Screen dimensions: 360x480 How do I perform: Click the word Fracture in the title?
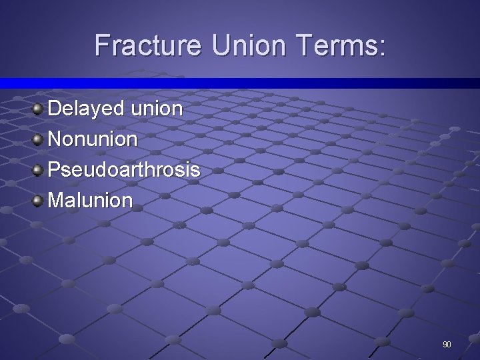click(147, 46)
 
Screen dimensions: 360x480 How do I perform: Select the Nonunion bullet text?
click(93, 139)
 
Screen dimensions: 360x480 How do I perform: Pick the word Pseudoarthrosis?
click(124, 170)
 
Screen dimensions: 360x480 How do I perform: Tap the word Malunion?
click(91, 200)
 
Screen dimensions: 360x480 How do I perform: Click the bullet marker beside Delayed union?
click(38, 108)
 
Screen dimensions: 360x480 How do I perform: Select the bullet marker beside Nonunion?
click(38, 139)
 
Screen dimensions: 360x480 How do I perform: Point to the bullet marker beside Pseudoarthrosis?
click(38, 169)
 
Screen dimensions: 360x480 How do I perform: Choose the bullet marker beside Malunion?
click(38, 199)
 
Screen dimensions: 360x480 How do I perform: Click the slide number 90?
click(447, 345)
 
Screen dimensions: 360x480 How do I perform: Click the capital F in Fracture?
click(102, 46)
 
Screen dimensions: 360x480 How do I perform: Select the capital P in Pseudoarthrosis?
click(54, 170)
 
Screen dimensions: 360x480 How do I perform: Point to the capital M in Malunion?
click(56, 200)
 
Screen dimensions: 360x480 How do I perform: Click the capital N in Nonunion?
click(55, 139)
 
